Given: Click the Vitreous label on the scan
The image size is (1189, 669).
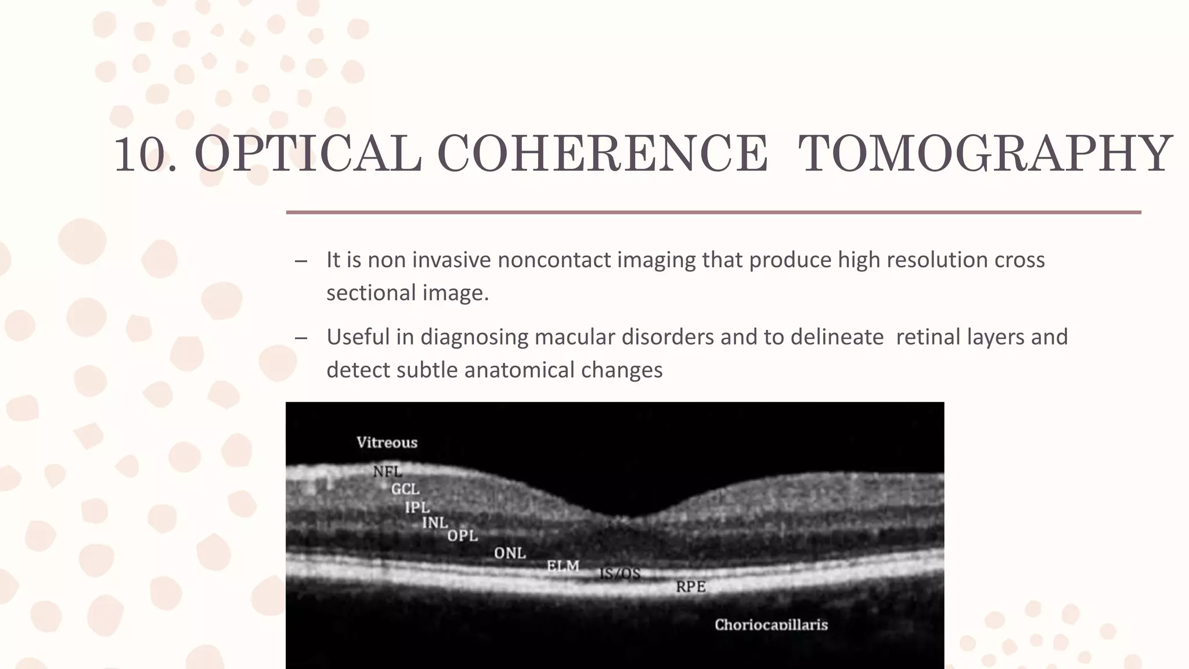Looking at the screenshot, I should [x=387, y=443].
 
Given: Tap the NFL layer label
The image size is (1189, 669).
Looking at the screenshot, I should [x=387, y=472].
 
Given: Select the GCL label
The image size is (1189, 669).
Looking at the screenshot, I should [x=405, y=490].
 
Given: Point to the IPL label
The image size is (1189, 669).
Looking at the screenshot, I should [x=417, y=508].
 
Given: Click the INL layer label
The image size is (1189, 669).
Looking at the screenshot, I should [x=435, y=523].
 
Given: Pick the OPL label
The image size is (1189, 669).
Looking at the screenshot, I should [x=463, y=536].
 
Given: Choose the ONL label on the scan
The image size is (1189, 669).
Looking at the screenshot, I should [x=510, y=553].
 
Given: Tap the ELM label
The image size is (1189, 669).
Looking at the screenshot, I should [x=563, y=566].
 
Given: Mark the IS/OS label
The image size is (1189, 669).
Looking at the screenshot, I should [x=619, y=574].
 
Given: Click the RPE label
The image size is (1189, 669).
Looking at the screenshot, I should [x=691, y=587].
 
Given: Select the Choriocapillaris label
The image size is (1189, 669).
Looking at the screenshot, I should [x=771, y=625].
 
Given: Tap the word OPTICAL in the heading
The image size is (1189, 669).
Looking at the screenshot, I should [x=308, y=154].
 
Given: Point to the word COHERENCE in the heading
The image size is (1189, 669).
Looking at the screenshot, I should [x=602, y=154].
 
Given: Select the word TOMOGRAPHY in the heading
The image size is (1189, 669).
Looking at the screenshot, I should [x=985, y=154].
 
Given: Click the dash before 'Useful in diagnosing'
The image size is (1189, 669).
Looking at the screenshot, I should [x=301, y=338].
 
